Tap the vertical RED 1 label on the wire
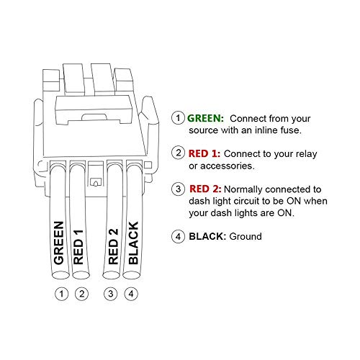click(x=79, y=248)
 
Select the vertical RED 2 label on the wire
click(x=113, y=248)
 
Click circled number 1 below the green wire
click(x=62, y=294)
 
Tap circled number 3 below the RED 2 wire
click(x=112, y=294)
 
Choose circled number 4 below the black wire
click(x=130, y=294)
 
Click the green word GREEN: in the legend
click(x=206, y=117)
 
